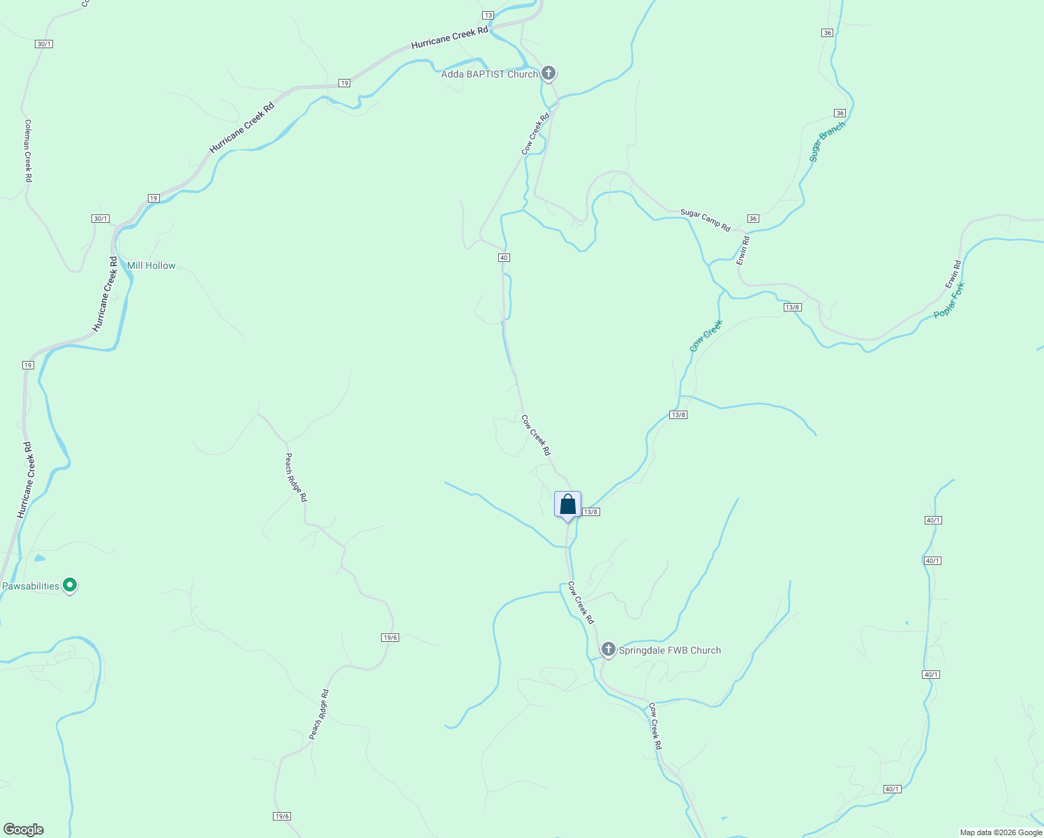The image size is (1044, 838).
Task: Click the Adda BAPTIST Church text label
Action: [x=489, y=74]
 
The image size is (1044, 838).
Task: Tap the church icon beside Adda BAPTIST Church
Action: [x=549, y=73]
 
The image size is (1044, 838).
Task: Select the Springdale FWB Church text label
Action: [x=669, y=650]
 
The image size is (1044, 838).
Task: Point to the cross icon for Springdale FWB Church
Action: [x=608, y=649]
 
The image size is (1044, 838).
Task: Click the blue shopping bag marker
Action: [x=567, y=505]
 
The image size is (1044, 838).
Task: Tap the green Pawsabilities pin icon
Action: [x=69, y=585]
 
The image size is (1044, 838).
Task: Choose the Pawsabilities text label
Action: [x=31, y=586]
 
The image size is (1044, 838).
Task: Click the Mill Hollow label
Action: [x=151, y=265]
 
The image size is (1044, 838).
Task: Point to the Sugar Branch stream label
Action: [x=827, y=142]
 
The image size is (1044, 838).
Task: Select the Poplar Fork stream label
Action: [x=949, y=301]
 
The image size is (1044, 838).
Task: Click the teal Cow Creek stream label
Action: [x=706, y=336]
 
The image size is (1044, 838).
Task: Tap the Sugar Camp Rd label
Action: [x=705, y=220]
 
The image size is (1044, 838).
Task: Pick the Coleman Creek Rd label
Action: [x=29, y=151]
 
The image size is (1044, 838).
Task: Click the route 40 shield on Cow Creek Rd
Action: [x=504, y=258]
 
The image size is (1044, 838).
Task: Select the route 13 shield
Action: [x=488, y=15]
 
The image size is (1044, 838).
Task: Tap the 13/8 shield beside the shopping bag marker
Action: [x=591, y=512]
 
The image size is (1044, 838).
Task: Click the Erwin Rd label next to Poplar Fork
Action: [x=953, y=274]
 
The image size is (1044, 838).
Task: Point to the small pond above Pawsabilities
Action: [x=40, y=558]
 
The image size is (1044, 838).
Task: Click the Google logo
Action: [x=23, y=830]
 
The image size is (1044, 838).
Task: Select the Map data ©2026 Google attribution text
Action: [x=1001, y=832]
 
